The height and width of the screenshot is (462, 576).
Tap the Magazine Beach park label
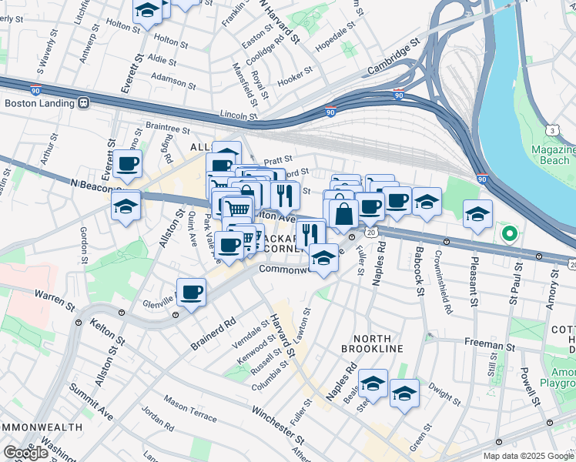tap(554, 155)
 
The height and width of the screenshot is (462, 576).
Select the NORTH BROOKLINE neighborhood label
tap(378, 343)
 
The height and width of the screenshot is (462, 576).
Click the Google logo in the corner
tap(26, 453)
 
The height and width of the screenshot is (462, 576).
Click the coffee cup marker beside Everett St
tap(128, 163)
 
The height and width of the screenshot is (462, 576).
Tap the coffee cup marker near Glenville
tap(191, 292)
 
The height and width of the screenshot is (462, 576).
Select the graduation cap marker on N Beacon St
tap(126, 206)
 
